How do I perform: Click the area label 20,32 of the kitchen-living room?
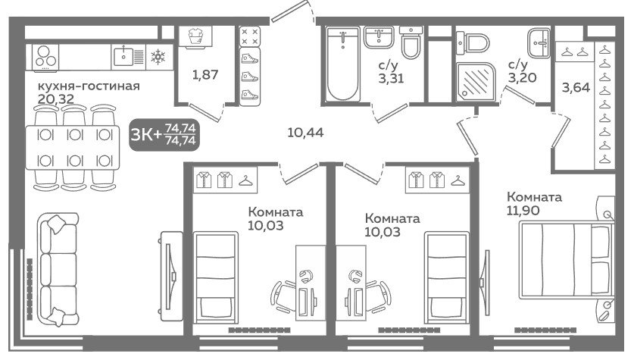click(x=56, y=99)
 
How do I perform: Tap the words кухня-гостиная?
click(x=89, y=86)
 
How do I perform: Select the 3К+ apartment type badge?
click(x=164, y=134)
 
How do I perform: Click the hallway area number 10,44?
click(x=305, y=133)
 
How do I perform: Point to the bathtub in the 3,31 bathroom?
click(x=343, y=64)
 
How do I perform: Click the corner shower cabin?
click(x=476, y=82)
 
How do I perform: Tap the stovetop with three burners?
click(x=45, y=58)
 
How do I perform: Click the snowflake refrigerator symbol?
click(x=158, y=57)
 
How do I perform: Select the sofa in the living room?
click(x=58, y=269)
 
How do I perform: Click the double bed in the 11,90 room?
click(x=565, y=259)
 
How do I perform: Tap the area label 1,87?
click(x=205, y=74)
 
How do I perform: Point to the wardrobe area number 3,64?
click(x=576, y=87)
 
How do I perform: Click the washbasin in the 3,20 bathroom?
click(x=539, y=43)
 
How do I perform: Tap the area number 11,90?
click(x=523, y=211)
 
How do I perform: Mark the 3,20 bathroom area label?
click(x=522, y=77)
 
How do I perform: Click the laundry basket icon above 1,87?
click(x=195, y=36)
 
